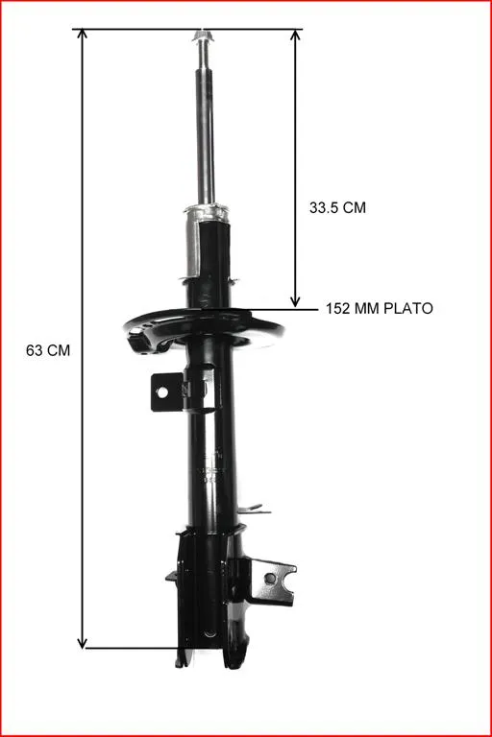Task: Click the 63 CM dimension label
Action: pos(48,350)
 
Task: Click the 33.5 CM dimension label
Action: pos(337,207)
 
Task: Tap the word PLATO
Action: pos(408,308)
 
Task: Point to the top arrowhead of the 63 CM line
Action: pos(83,34)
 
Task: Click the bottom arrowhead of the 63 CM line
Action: pos(83,643)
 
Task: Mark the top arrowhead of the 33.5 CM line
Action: pos(295,35)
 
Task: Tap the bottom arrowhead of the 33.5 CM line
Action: pos(295,300)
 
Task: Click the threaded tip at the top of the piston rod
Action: pos(204,36)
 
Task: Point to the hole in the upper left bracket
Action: pos(162,392)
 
